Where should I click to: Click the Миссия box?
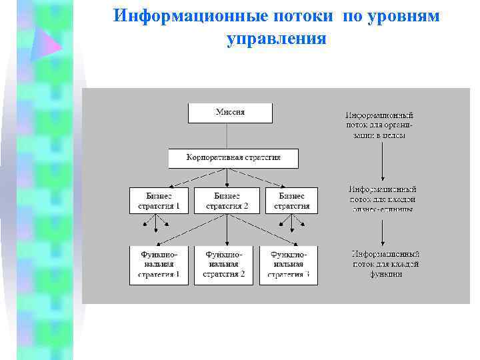[x=230, y=113]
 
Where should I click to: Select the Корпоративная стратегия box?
[x=233, y=158]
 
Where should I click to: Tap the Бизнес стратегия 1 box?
[x=159, y=201]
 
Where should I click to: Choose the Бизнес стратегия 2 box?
[x=227, y=201]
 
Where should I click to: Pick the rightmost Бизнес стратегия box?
[x=291, y=201]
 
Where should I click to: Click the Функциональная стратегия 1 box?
[x=159, y=265]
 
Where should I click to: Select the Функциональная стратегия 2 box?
[x=224, y=265]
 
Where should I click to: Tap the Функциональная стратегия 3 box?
[x=289, y=265]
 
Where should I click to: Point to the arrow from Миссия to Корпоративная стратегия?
[x=230, y=136]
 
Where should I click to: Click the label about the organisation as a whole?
[x=379, y=125]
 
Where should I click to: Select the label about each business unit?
[x=382, y=199]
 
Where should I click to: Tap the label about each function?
[x=385, y=264]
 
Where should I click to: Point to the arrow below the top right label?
[x=381, y=160]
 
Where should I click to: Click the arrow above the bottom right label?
[x=381, y=231]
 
